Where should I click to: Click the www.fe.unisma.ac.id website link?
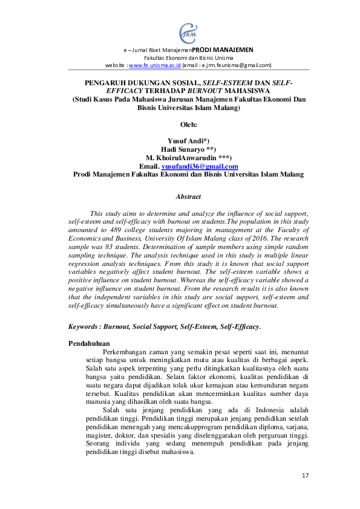pos(152,65)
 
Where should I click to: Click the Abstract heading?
pos(188,196)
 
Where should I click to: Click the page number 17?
pos(305,476)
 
